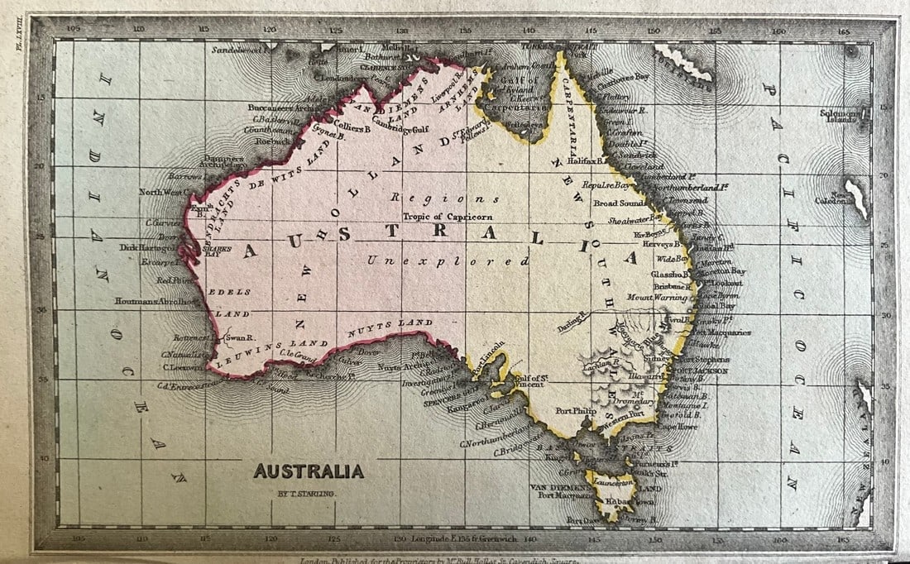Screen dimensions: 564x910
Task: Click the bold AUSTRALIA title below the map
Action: pos(309,471)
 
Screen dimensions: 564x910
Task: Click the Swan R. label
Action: pos(238,338)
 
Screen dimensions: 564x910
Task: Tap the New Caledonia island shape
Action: pos(857,198)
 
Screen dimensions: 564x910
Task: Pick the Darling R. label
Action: pos(571,327)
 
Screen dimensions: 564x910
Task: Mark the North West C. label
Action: pos(163,192)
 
